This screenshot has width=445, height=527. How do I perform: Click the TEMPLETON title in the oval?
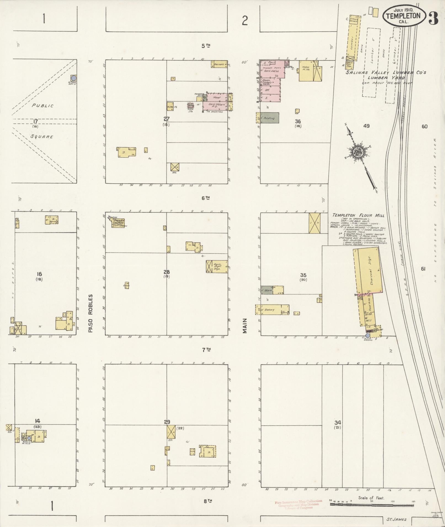(403, 16)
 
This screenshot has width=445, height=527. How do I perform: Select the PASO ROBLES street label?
(90, 314)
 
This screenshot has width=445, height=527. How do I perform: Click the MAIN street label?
(244, 326)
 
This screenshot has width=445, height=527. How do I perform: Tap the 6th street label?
(206, 198)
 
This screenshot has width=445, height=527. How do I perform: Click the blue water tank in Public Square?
(74, 78)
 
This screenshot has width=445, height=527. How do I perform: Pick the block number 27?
(166, 119)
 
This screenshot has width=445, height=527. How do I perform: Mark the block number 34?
(338, 430)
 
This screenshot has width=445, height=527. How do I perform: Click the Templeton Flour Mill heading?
(358, 215)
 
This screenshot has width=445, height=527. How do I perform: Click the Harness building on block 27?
(219, 64)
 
